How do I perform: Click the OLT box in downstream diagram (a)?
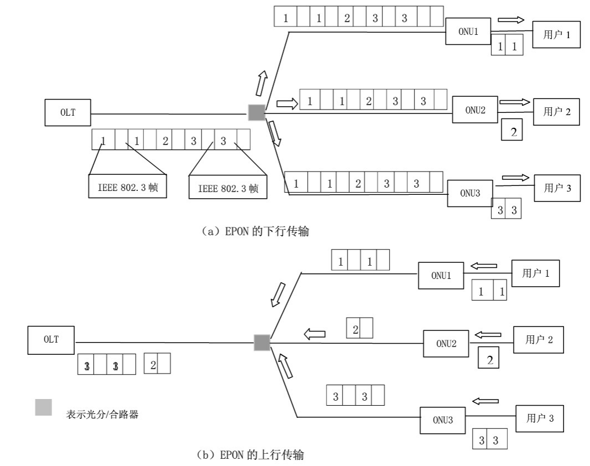(68, 113)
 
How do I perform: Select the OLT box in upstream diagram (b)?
(51, 340)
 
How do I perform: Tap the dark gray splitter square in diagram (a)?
(256, 112)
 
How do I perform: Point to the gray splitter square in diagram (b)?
(262, 343)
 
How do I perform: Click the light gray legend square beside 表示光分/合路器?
(44, 407)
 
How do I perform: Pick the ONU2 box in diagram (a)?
(475, 110)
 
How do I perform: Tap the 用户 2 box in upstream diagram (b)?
(539, 340)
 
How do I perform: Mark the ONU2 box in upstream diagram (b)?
(446, 343)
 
